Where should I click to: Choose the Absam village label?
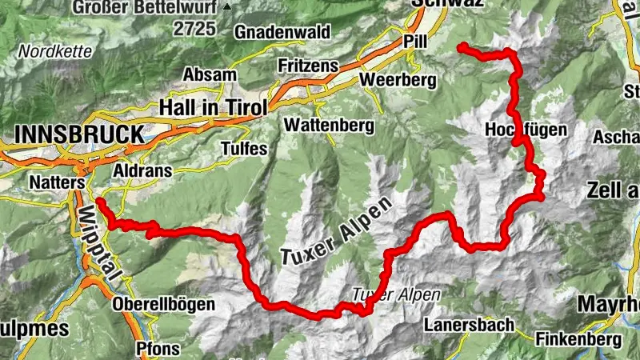click(x=210, y=74)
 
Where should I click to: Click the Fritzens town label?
click(x=307, y=64)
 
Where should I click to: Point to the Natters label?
click(x=57, y=183)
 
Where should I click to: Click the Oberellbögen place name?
click(x=163, y=304)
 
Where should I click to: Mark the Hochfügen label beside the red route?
click(x=526, y=130)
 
